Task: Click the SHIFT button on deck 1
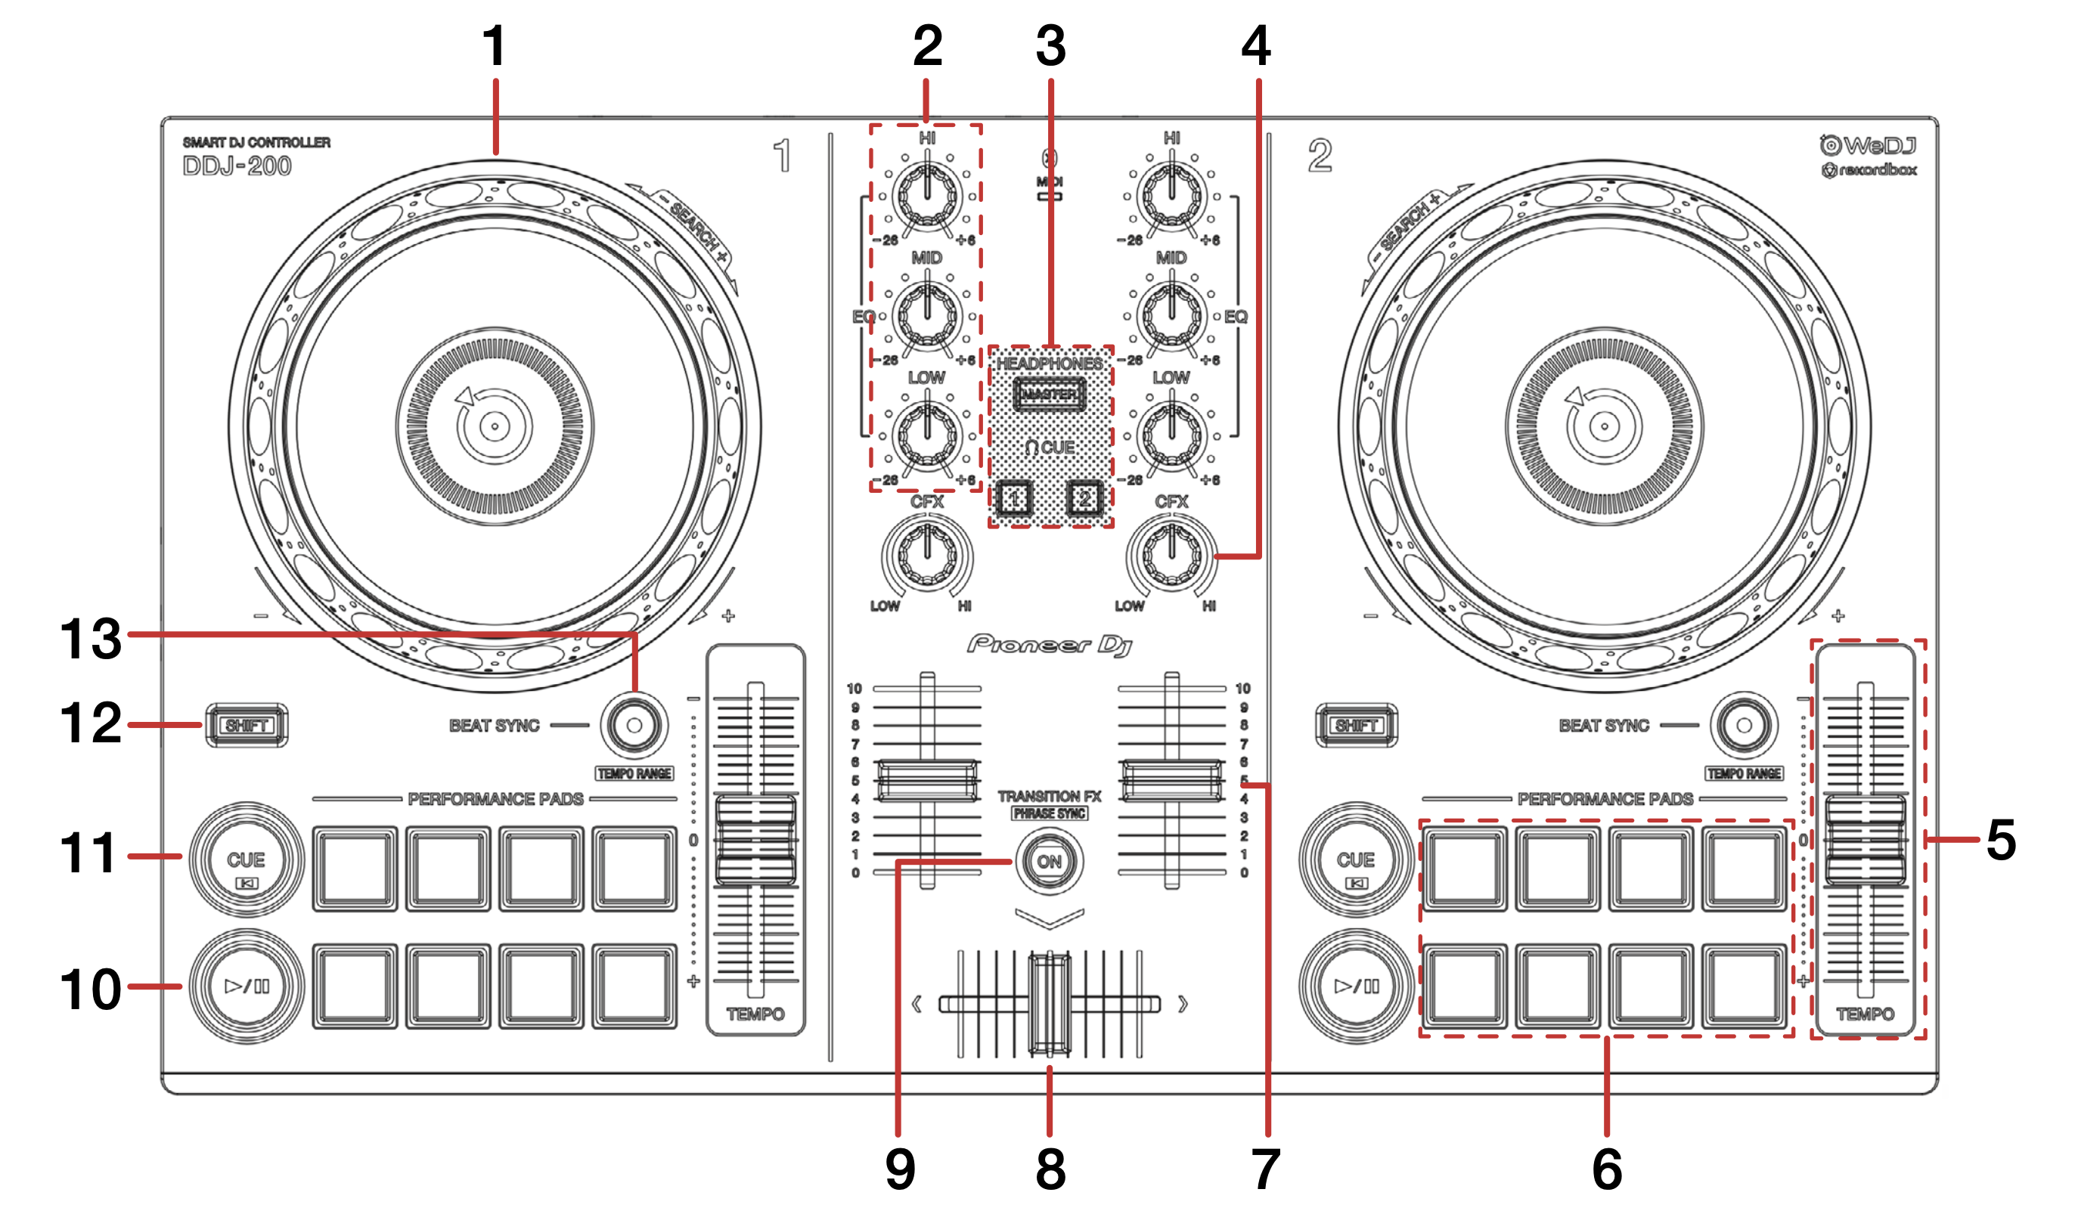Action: pyautogui.click(x=247, y=725)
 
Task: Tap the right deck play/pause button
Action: pyautogui.click(x=1356, y=986)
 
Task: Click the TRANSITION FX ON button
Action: pyautogui.click(x=1049, y=862)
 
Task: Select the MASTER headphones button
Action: pyautogui.click(x=1049, y=394)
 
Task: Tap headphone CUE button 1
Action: pyautogui.click(x=1014, y=498)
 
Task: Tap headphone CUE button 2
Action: pyautogui.click(x=1084, y=498)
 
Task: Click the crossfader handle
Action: pyautogui.click(x=1050, y=1004)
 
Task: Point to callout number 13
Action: pyautogui.click(x=91, y=639)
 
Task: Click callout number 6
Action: pyautogui.click(x=1606, y=1169)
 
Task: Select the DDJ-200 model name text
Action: pyautogui.click(x=237, y=166)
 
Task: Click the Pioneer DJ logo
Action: pyautogui.click(x=1049, y=645)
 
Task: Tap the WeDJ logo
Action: pyautogui.click(x=1869, y=146)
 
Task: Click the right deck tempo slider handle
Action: pyautogui.click(x=1866, y=840)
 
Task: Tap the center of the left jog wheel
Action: pyautogui.click(x=495, y=426)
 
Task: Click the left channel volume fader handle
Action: pyautogui.click(x=928, y=779)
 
